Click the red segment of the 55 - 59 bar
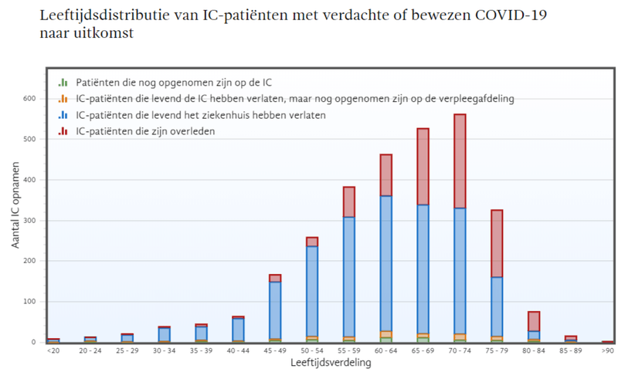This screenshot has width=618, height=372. [x=348, y=202]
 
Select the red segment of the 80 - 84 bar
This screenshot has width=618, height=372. [x=534, y=321]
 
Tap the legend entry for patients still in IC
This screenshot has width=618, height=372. [x=174, y=82]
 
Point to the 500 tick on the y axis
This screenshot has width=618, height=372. [x=30, y=139]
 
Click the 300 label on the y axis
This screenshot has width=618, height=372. [x=30, y=221]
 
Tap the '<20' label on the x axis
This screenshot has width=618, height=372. [x=53, y=351]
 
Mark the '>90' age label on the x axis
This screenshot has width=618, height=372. [x=608, y=351]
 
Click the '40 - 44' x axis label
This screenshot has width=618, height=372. [x=238, y=351]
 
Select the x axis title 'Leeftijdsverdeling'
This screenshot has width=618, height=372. [x=331, y=363]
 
